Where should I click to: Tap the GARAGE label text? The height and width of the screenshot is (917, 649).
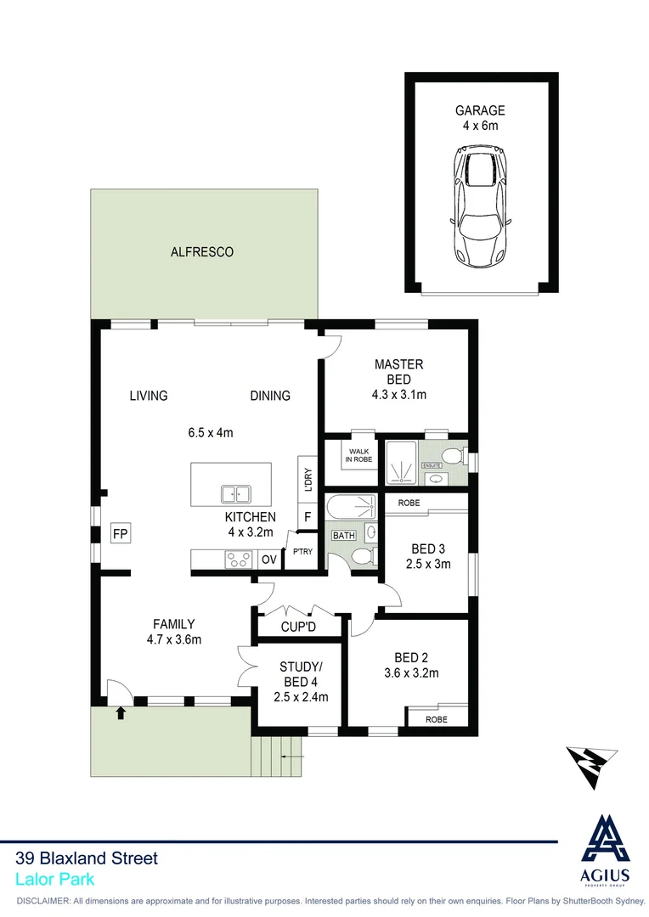(x=480, y=110)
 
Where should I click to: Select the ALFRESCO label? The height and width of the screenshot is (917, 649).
(x=202, y=252)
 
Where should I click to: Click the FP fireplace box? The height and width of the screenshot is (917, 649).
(x=120, y=534)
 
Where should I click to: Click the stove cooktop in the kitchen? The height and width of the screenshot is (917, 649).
(x=238, y=559)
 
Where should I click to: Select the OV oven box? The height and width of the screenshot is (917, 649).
(x=268, y=560)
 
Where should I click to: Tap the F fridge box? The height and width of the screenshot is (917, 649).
(x=307, y=515)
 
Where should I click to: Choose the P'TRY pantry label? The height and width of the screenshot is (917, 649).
(x=302, y=551)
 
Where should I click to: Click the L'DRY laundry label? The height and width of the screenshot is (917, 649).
(x=308, y=477)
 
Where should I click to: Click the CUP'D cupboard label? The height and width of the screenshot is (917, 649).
(x=298, y=627)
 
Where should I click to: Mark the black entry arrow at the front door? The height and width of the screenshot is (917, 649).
(x=120, y=712)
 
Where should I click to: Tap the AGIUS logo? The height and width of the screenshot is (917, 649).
(x=605, y=849)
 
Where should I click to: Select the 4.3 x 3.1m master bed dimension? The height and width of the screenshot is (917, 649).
(x=398, y=395)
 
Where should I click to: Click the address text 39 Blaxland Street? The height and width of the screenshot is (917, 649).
(x=87, y=858)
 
